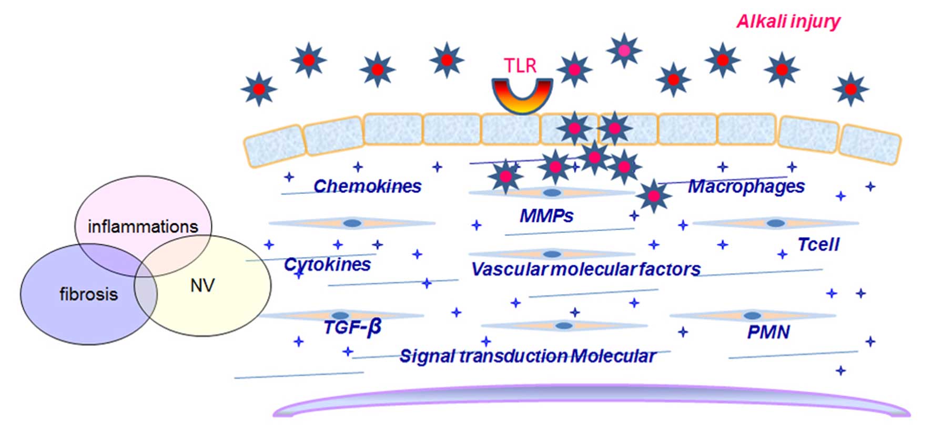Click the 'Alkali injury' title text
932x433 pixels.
[x=788, y=22]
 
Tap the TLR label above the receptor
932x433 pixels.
[x=520, y=66]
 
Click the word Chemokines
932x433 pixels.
[x=367, y=186]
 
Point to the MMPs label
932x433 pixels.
[x=546, y=215]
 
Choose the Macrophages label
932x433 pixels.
[x=746, y=186]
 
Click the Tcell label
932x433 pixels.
[x=818, y=244]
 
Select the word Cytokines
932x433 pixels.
[x=327, y=264]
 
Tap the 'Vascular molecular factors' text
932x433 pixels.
[x=585, y=269]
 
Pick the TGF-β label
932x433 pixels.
[x=352, y=327]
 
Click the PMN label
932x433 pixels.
[x=768, y=332]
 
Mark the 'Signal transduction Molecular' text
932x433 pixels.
[x=528, y=356]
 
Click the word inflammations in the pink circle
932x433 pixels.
[x=143, y=226]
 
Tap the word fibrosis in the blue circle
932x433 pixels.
[x=88, y=294]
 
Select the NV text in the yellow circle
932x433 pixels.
[x=202, y=285]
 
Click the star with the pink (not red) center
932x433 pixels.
[x=624, y=50]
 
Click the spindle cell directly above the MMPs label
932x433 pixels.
[x=552, y=193]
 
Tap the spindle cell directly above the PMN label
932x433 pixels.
[x=753, y=315]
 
